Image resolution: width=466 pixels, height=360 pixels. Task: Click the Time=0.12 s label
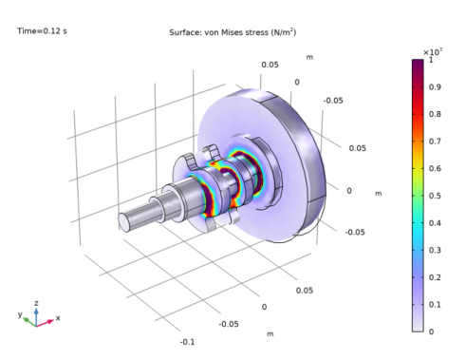point(42,31)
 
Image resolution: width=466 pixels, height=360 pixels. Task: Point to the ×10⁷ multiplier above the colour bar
point(433,51)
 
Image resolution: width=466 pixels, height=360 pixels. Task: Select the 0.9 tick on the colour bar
point(435,86)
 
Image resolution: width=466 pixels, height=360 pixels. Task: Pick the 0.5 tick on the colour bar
point(435,196)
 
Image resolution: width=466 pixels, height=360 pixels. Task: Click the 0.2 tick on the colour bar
point(435,277)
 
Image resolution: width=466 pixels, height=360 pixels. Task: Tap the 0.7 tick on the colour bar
point(435,142)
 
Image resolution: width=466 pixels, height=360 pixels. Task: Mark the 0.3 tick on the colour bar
point(435,250)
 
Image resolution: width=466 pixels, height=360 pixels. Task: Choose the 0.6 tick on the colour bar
point(435,168)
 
